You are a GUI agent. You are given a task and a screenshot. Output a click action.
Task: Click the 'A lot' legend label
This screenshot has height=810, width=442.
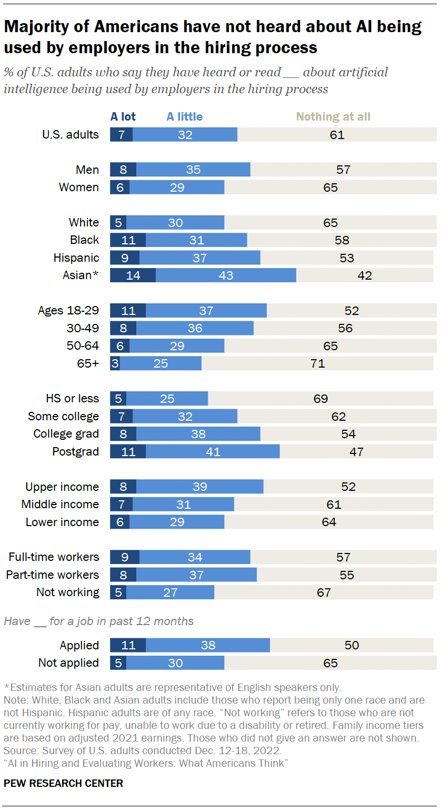point(123,117)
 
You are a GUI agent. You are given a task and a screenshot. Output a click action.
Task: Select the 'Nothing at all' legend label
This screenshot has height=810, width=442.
point(333,117)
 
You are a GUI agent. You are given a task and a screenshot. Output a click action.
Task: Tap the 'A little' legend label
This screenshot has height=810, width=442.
point(184,117)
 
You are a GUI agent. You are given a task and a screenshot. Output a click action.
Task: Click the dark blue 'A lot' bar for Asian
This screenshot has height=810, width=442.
point(133,275)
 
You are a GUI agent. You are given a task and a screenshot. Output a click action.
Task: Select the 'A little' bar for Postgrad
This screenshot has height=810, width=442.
point(213,451)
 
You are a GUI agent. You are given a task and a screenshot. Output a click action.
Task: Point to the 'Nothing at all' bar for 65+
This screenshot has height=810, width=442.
point(317,363)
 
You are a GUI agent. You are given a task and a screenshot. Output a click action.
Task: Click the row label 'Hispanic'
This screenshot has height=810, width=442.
point(76,258)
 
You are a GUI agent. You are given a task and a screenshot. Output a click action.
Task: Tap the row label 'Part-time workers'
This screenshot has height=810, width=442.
point(52,575)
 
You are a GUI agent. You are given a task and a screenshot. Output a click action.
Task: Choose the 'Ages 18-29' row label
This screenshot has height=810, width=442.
point(68,310)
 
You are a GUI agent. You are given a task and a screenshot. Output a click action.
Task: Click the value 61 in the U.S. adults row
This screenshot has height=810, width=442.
point(337,135)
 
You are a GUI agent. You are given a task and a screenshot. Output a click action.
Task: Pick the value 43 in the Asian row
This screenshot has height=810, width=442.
point(226,275)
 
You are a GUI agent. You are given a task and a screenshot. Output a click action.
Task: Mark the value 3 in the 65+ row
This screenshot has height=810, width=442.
point(115,363)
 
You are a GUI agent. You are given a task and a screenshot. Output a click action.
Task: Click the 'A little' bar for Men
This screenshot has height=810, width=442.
point(193,170)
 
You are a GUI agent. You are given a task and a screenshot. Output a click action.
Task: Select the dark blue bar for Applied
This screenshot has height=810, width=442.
point(128,645)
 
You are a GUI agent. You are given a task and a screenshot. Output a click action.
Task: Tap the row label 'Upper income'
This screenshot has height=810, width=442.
point(62,487)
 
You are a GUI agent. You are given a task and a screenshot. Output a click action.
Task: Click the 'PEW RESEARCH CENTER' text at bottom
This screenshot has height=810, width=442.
point(63,783)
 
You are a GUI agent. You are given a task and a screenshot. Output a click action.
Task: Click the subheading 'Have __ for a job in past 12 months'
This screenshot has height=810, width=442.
point(99,621)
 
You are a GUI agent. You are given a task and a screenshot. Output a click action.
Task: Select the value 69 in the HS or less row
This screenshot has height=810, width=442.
point(320,399)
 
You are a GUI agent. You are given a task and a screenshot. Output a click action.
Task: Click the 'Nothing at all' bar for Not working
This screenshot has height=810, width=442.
point(324,592)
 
